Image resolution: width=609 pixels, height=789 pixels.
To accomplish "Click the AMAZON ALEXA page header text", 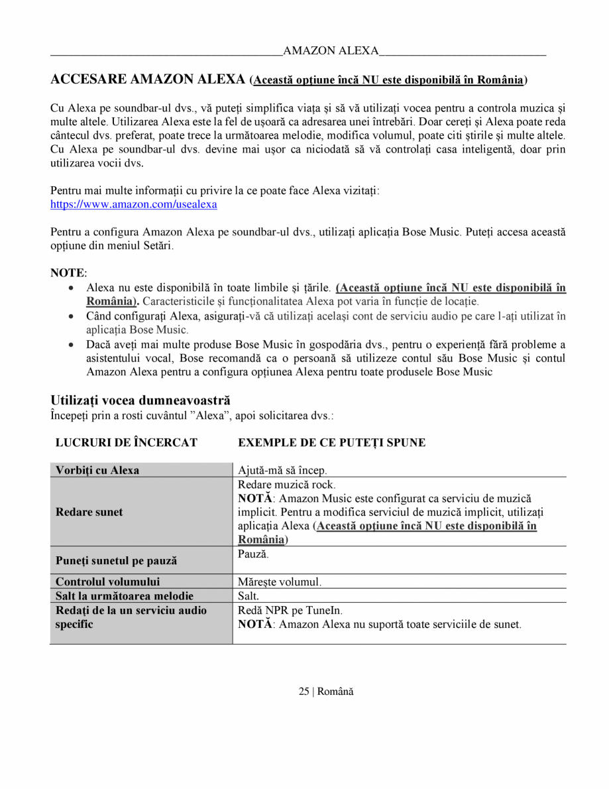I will [x=331, y=51].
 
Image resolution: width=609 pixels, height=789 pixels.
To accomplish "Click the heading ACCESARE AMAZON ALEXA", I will [x=148, y=80].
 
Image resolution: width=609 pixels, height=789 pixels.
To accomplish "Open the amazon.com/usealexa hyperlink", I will [x=133, y=205].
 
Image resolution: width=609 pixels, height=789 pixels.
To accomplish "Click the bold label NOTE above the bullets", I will [x=68, y=273].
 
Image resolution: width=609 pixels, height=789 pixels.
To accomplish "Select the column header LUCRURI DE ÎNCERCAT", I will [x=126, y=442].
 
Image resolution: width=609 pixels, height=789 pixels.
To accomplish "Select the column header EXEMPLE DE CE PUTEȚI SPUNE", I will [x=331, y=442].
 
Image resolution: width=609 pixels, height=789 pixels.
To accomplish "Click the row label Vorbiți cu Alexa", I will [x=97, y=470].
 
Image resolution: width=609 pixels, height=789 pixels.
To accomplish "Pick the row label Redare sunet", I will [x=89, y=512].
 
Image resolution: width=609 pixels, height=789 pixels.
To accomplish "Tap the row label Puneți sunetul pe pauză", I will [x=116, y=561].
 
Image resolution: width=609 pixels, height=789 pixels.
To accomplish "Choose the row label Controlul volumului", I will [x=107, y=582].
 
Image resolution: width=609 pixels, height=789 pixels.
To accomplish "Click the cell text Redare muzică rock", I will [x=286, y=485].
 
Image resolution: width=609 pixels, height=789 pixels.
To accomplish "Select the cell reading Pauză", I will [x=253, y=553].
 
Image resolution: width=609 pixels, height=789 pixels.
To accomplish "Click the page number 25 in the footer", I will [x=304, y=692].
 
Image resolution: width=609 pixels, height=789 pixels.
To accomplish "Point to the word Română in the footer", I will [x=335, y=692].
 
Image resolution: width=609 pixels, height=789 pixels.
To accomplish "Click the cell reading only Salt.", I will [x=249, y=596].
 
